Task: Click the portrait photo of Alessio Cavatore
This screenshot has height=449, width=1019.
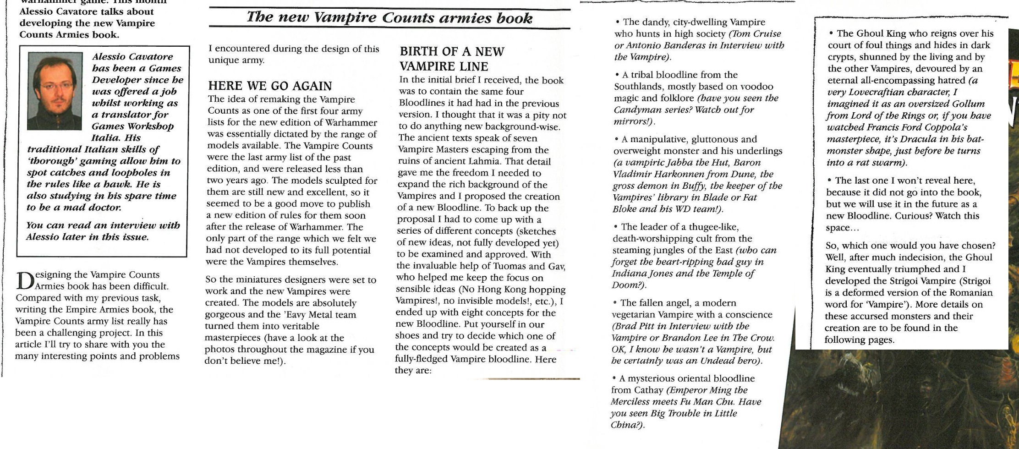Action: coord(55,90)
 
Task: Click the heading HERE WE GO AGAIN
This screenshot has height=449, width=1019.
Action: coord(270,86)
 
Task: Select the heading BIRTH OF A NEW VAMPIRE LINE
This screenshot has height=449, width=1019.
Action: coord(452,59)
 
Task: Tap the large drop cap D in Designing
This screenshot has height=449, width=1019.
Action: coord(24,280)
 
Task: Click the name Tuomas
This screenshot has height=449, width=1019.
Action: coord(509,266)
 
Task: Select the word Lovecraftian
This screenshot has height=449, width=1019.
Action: coord(877,92)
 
